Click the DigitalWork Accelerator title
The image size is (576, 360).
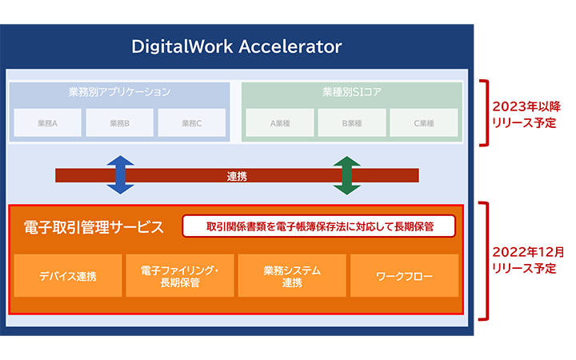[237, 46]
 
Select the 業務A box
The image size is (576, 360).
[47, 123]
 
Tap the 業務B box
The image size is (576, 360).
[119, 123]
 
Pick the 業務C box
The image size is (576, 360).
[191, 123]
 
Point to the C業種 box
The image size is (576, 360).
[423, 123]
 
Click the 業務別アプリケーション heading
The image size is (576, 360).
[119, 92]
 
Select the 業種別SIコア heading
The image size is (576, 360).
[351, 92]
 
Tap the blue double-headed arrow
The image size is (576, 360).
[120, 175]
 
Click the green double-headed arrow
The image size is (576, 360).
[346, 175]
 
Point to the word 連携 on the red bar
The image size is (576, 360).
[237, 175]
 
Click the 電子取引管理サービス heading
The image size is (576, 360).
[94, 227]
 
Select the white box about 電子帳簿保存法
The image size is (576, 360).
[319, 226]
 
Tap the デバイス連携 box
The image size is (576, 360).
[68, 276]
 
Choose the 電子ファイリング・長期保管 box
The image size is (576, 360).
[179, 276]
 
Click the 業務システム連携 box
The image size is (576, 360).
[292, 276]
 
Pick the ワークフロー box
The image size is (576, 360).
[405, 276]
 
